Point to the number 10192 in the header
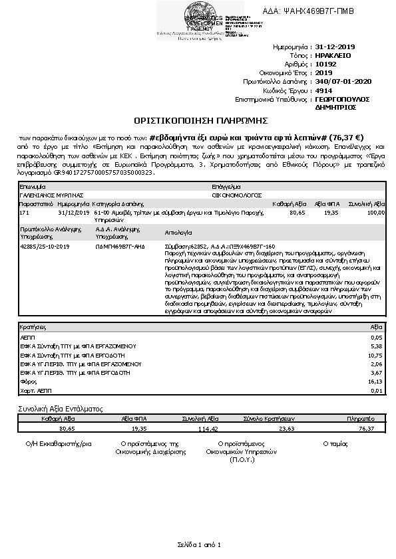[325, 64]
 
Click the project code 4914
[323, 90]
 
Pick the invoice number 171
[25, 212]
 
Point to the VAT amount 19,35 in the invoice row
[330, 212]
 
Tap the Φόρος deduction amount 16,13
[376, 382]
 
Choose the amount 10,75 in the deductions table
[376, 356]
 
